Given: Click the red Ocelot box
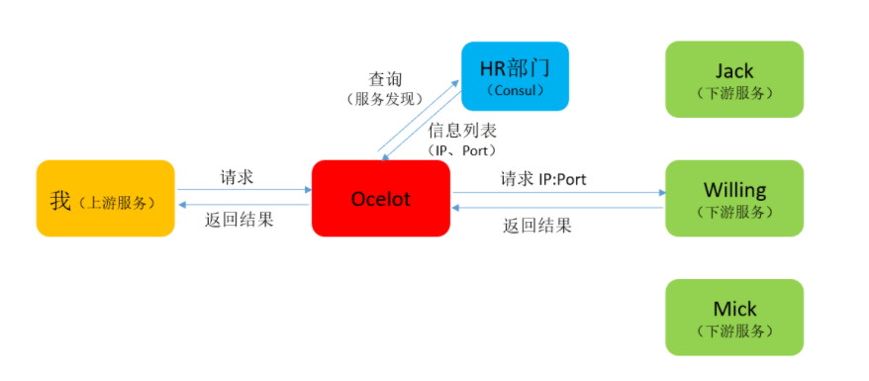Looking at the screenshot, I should point(380,199).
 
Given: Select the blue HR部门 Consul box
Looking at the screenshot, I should point(515,76).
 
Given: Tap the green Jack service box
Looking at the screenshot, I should point(733,79).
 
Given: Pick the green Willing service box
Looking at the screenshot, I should point(733,198).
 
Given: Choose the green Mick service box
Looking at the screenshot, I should point(733,317).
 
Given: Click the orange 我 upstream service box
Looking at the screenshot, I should point(106,199).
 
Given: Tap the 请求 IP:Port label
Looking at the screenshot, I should point(543,179).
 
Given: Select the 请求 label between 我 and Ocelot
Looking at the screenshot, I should point(237,177).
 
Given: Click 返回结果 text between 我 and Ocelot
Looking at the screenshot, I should point(241,220).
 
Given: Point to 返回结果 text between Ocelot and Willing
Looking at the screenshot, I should point(537,225).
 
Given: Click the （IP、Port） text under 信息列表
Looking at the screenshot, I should point(461,150).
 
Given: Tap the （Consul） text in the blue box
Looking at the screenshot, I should point(516,90).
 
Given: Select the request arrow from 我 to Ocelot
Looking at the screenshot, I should point(243,190).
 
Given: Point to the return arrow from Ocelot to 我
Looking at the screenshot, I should point(243,206).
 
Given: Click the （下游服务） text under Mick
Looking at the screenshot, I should point(733,332).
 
